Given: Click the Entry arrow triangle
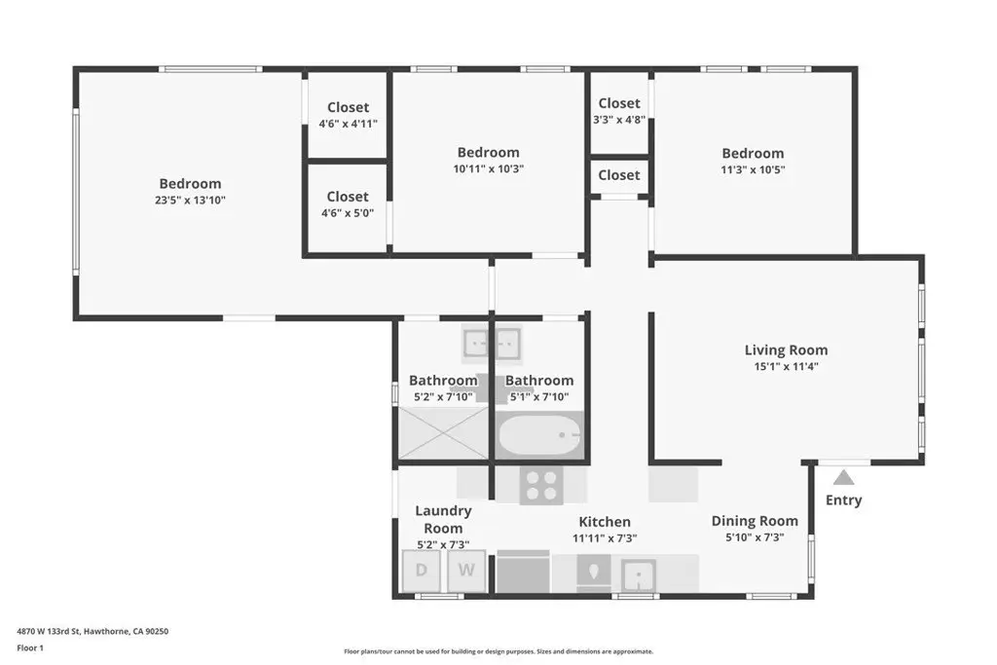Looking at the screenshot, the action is [843, 477].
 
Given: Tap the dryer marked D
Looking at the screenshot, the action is [422, 571].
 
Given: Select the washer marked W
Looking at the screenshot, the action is [466, 571].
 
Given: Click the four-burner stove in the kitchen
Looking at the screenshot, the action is [541, 486].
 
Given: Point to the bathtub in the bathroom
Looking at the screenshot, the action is [539, 435].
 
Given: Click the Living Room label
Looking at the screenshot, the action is [786, 350].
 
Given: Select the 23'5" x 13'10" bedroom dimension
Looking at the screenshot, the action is [190, 200].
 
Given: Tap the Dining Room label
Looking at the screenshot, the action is [755, 521].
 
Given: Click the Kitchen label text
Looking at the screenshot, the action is [605, 522].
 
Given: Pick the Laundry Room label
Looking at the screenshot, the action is [443, 519].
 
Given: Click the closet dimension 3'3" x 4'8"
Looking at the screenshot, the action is [619, 119].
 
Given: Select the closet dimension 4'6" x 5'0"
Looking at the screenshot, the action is [348, 213].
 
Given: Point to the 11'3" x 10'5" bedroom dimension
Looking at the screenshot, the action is [753, 169].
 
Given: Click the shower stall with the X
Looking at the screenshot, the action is [443, 433].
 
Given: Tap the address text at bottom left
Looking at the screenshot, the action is [92, 631].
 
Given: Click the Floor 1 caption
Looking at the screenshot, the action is [30, 647].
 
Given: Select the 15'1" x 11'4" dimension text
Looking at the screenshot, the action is [786, 366].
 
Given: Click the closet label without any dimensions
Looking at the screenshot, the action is [619, 175].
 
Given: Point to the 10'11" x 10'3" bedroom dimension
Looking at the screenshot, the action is [489, 168].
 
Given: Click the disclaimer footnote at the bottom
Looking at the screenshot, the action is [498, 651].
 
